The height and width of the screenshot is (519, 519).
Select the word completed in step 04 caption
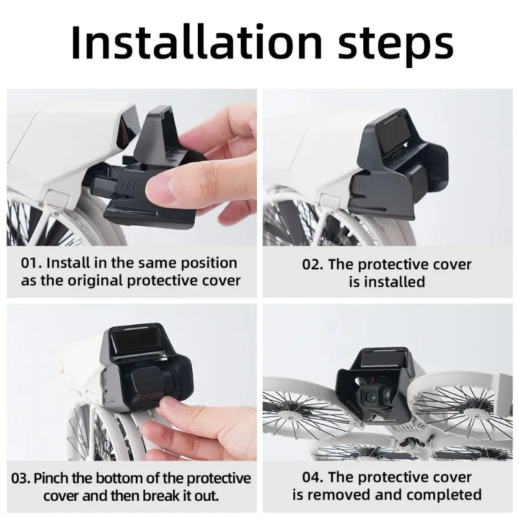[448, 496]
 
